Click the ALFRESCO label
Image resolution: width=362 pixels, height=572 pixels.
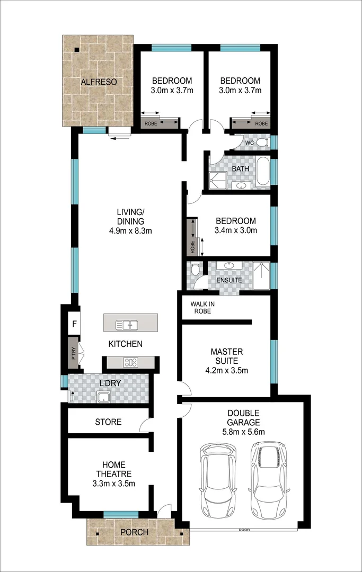point(99,82)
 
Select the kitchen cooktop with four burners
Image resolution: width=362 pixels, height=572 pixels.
point(130,363)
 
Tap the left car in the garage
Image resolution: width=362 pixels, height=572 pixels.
point(218,481)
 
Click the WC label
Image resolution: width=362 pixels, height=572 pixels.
point(249,143)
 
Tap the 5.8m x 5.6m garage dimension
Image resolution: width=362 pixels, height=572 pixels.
point(243,432)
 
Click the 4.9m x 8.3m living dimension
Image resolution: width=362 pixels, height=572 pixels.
point(130,230)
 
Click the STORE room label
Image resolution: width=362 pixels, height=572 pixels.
point(108,422)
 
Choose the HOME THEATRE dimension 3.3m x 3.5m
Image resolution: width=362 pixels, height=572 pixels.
point(113,483)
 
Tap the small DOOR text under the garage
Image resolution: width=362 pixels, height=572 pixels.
point(244,530)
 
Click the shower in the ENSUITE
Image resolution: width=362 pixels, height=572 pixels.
point(261,276)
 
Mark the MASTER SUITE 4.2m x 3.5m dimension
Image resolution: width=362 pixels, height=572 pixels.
point(226,370)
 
